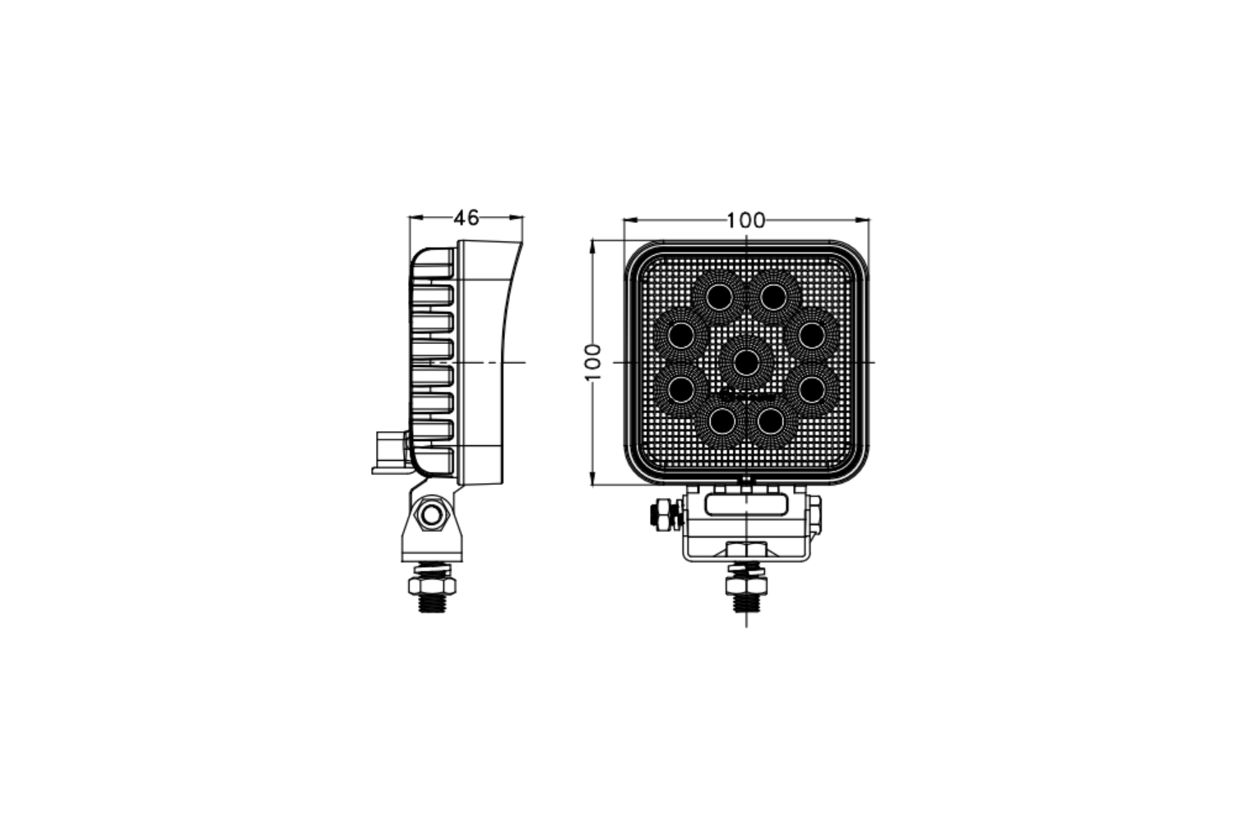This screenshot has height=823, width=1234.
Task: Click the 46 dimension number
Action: point(466,218)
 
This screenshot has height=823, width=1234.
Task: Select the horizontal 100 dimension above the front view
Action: point(746,221)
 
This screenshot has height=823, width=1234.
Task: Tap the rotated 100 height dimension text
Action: point(593,362)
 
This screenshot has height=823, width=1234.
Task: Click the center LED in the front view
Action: point(746,363)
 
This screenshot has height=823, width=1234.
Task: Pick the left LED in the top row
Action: point(720,298)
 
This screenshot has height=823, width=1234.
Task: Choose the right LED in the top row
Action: point(773,298)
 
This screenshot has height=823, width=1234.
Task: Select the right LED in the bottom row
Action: point(771,422)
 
